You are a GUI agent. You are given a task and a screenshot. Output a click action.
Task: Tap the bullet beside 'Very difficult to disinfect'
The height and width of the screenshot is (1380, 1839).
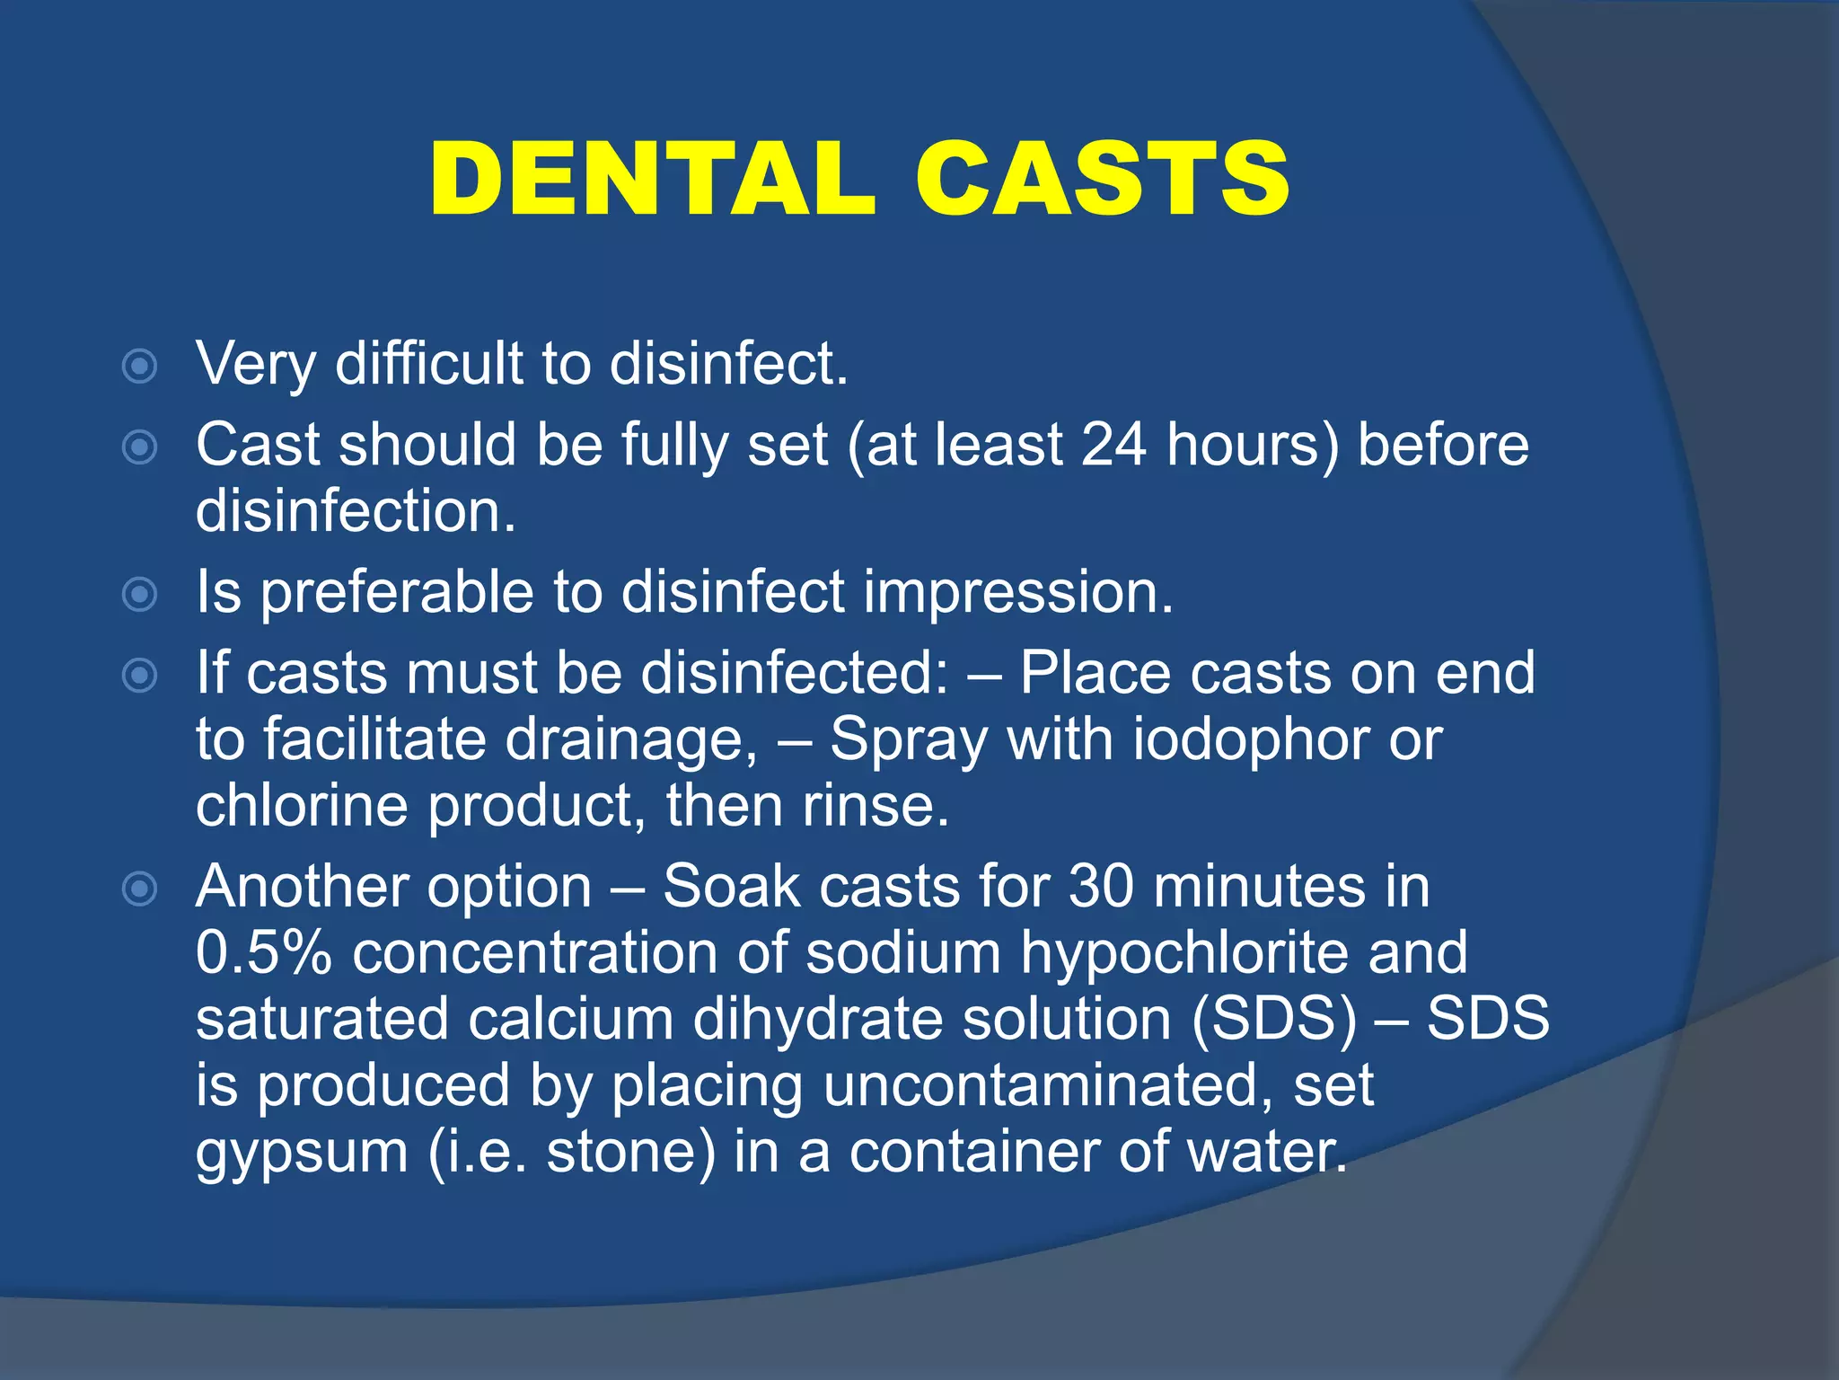click(x=140, y=366)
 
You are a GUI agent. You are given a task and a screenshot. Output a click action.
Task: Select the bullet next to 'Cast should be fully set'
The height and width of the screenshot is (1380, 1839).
click(x=140, y=447)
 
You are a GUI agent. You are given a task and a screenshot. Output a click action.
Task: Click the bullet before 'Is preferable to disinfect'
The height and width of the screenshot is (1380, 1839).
click(x=140, y=594)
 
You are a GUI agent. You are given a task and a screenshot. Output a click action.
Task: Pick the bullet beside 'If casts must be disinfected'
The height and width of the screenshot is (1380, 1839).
click(x=140, y=675)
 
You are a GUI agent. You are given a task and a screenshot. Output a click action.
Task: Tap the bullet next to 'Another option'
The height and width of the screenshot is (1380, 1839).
click(x=140, y=889)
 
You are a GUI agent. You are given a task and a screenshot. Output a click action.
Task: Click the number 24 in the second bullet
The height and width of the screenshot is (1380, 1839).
click(x=1114, y=444)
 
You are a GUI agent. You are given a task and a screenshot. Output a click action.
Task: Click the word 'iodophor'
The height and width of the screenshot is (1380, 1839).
click(x=1250, y=739)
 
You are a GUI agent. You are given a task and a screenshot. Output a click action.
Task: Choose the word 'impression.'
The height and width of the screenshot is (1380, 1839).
click(x=1018, y=593)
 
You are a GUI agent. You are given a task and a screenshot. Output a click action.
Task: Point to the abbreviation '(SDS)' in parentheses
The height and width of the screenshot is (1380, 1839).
click(x=1274, y=1019)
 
